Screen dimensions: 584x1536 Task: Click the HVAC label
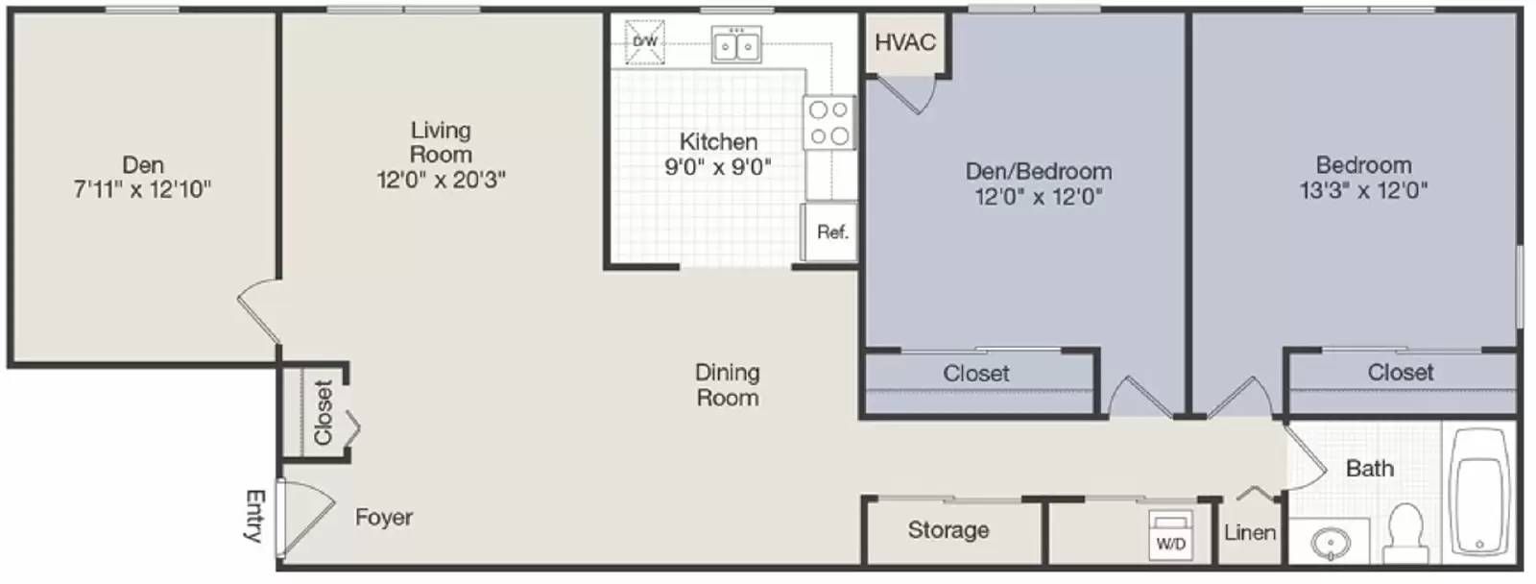[904, 42]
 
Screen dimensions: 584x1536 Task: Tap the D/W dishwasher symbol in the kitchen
[645, 42]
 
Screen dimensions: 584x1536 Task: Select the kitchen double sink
[736, 45]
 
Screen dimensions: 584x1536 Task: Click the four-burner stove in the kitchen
[828, 123]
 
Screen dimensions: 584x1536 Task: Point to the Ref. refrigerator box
[831, 231]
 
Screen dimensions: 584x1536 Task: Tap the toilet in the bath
[1406, 532]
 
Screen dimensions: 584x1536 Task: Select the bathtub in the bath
[1479, 493]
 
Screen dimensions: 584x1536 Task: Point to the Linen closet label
[1250, 532]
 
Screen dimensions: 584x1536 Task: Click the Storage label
[948, 529]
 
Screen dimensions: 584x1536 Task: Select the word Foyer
[384, 518]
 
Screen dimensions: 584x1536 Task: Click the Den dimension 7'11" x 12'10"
[142, 189]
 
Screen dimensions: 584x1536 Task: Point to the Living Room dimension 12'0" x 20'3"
[441, 179]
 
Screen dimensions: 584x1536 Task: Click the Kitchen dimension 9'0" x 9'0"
[718, 166]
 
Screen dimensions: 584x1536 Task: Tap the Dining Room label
[727, 384]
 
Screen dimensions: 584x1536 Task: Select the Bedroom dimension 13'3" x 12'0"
[1363, 190]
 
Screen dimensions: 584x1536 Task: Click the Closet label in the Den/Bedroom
[975, 373]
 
